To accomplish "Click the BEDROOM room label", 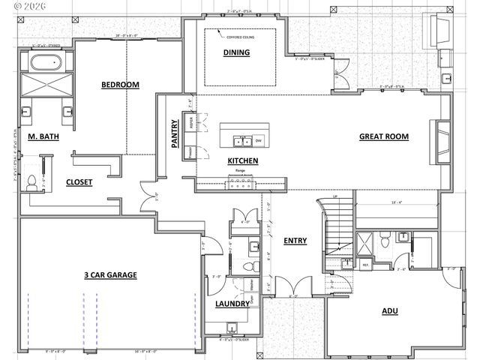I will click(x=121, y=85).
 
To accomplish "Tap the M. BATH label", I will click(x=43, y=137).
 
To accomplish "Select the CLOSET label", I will click(x=79, y=181).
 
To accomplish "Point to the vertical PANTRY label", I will click(x=175, y=132).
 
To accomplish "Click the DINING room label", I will click(x=236, y=52).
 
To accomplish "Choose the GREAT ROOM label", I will click(x=383, y=136).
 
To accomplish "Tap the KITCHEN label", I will click(x=243, y=161).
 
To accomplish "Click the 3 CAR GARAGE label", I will click(x=110, y=275).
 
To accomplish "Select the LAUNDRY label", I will click(x=232, y=304).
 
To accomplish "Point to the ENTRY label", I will click(x=295, y=241).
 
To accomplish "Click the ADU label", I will click(x=390, y=310).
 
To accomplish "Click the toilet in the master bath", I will click(x=31, y=181).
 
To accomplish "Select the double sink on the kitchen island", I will click(x=241, y=140).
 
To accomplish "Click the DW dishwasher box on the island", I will click(x=258, y=140).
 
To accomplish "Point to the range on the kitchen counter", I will click(x=241, y=178).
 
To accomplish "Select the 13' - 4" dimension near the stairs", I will click(x=397, y=202).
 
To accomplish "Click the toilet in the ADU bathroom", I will click(x=384, y=241).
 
